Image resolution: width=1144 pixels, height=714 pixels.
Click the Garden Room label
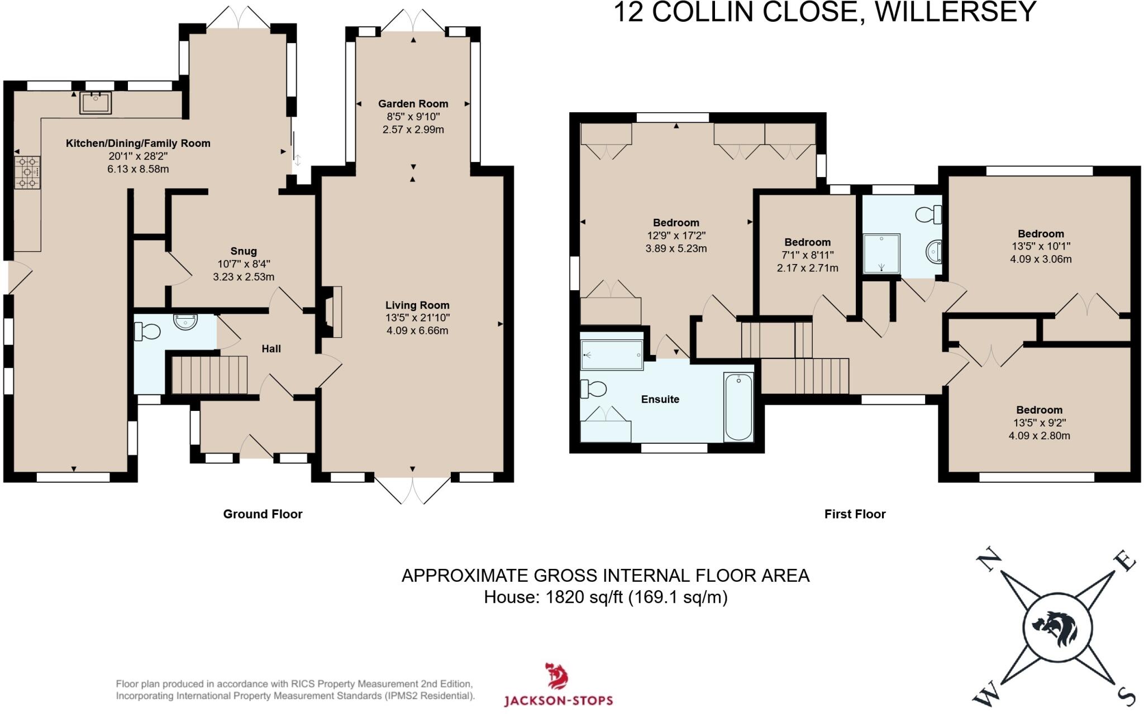pyautogui.click(x=413, y=103)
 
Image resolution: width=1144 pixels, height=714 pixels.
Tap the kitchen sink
pyautogui.click(x=96, y=103)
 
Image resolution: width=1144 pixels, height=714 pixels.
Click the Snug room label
pyautogui.click(x=244, y=251)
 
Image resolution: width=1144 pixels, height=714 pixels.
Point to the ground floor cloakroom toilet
pyautogui.click(x=146, y=332)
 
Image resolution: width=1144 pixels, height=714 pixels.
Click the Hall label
pyautogui.click(x=271, y=348)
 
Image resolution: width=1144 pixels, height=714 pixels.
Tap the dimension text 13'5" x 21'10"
pyautogui.click(x=417, y=318)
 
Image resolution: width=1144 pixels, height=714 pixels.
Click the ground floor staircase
pyautogui.click(x=209, y=375)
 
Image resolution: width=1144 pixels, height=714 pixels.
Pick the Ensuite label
pyautogui.click(x=660, y=399)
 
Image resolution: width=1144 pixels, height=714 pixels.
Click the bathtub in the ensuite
pyautogui.click(x=738, y=406)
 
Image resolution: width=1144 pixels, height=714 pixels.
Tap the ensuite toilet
pyautogui.click(x=593, y=389)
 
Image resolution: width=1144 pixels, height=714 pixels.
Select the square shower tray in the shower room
pyautogui.click(x=881, y=253)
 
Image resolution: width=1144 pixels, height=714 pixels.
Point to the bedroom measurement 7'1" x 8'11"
pyautogui.click(x=807, y=255)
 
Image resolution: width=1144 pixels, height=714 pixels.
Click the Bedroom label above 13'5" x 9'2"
pyautogui.click(x=1039, y=410)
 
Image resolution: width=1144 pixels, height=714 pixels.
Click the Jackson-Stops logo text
pyautogui.click(x=558, y=701)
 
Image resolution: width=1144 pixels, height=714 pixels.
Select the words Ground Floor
pyautogui.click(x=263, y=514)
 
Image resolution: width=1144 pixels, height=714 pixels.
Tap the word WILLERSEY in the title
pyautogui.click(x=955, y=12)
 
